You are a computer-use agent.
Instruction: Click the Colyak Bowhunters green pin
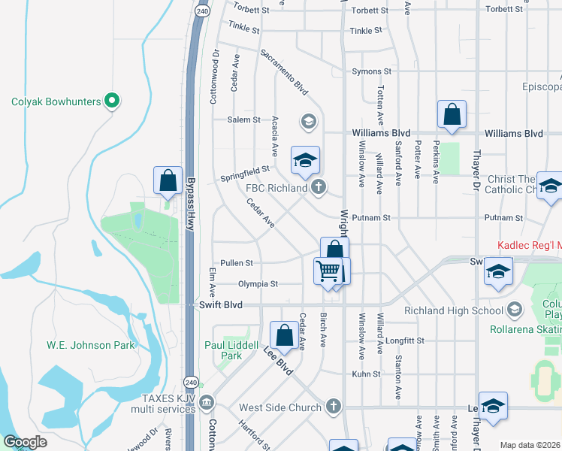112,99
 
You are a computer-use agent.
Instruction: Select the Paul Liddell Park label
234,350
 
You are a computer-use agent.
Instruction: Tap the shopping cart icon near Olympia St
328,271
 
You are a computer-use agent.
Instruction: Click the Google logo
25,442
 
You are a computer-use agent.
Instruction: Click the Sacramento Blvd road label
285,72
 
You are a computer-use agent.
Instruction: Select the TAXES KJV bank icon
206,404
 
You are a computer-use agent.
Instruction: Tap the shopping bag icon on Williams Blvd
452,114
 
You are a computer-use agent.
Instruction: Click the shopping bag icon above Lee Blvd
285,335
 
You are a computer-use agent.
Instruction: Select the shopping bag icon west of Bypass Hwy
168,180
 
